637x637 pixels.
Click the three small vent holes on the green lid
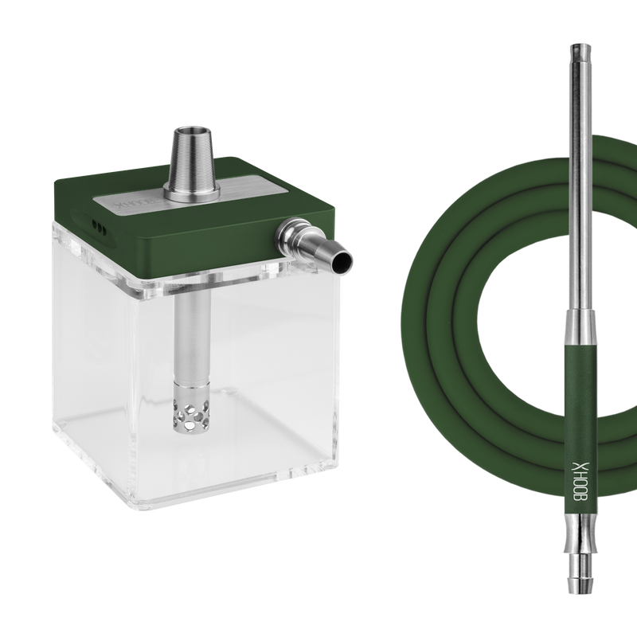[x=97, y=226]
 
